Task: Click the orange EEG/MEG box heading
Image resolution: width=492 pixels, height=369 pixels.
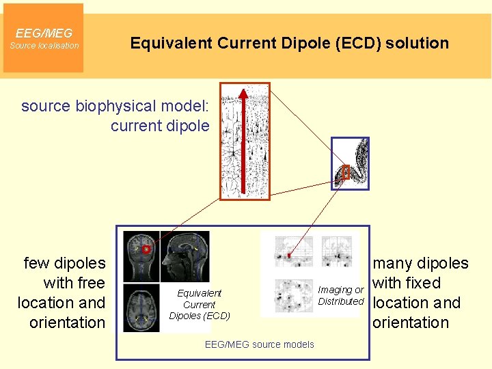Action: click(x=44, y=33)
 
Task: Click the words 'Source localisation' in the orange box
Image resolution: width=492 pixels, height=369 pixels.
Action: click(x=44, y=46)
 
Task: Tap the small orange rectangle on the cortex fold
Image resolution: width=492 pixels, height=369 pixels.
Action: click(x=346, y=172)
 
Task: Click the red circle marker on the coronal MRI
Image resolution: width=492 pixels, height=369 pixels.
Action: click(x=146, y=249)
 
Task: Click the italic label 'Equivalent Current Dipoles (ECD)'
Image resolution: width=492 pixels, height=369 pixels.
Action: click(x=200, y=304)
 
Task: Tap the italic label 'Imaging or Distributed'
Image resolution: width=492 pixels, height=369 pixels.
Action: click(x=341, y=296)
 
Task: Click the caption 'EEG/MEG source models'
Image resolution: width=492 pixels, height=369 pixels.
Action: click(x=260, y=344)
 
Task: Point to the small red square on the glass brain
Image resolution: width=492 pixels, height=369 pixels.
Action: click(x=289, y=256)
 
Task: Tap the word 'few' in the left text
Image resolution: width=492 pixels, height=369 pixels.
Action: click(x=37, y=263)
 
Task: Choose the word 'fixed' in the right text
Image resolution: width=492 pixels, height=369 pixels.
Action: click(x=423, y=283)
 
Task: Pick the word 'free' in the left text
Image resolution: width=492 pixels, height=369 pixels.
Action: click(x=92, y=283)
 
